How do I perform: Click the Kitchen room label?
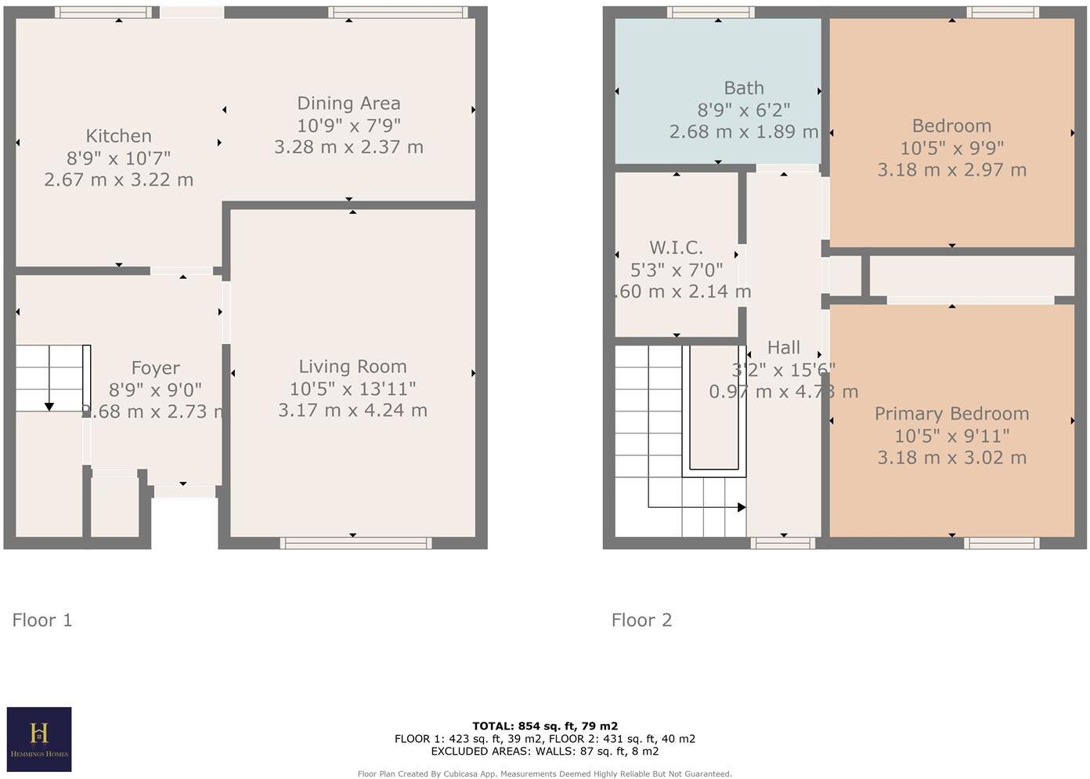tap(118, 136)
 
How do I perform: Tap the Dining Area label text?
tap(348, 103)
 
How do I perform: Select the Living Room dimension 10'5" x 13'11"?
tap(352, 389)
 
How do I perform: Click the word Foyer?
tap(155, 368)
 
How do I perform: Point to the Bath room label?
tap(743, 89)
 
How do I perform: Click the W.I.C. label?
tap(676, 248)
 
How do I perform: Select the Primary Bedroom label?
tap(951, 414)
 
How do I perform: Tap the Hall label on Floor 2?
tap(783, 347)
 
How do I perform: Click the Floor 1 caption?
tap(42, 620)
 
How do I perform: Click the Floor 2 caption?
tap(641, 620)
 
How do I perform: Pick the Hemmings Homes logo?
tap(39, 739)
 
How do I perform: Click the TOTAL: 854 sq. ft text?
tap(544, 726)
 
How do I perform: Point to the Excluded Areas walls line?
tap(544, 751)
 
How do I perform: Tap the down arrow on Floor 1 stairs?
tap(49, 405)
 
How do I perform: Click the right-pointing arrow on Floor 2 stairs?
tap(740, 507)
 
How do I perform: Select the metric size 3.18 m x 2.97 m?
tap(951, 170)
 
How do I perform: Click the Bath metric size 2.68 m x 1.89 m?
tap(743, 132)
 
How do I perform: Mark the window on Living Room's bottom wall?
tap(356, 542)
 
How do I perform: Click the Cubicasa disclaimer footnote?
tap(544, 774)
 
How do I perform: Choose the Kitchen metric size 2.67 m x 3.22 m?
tap(118, 179)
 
